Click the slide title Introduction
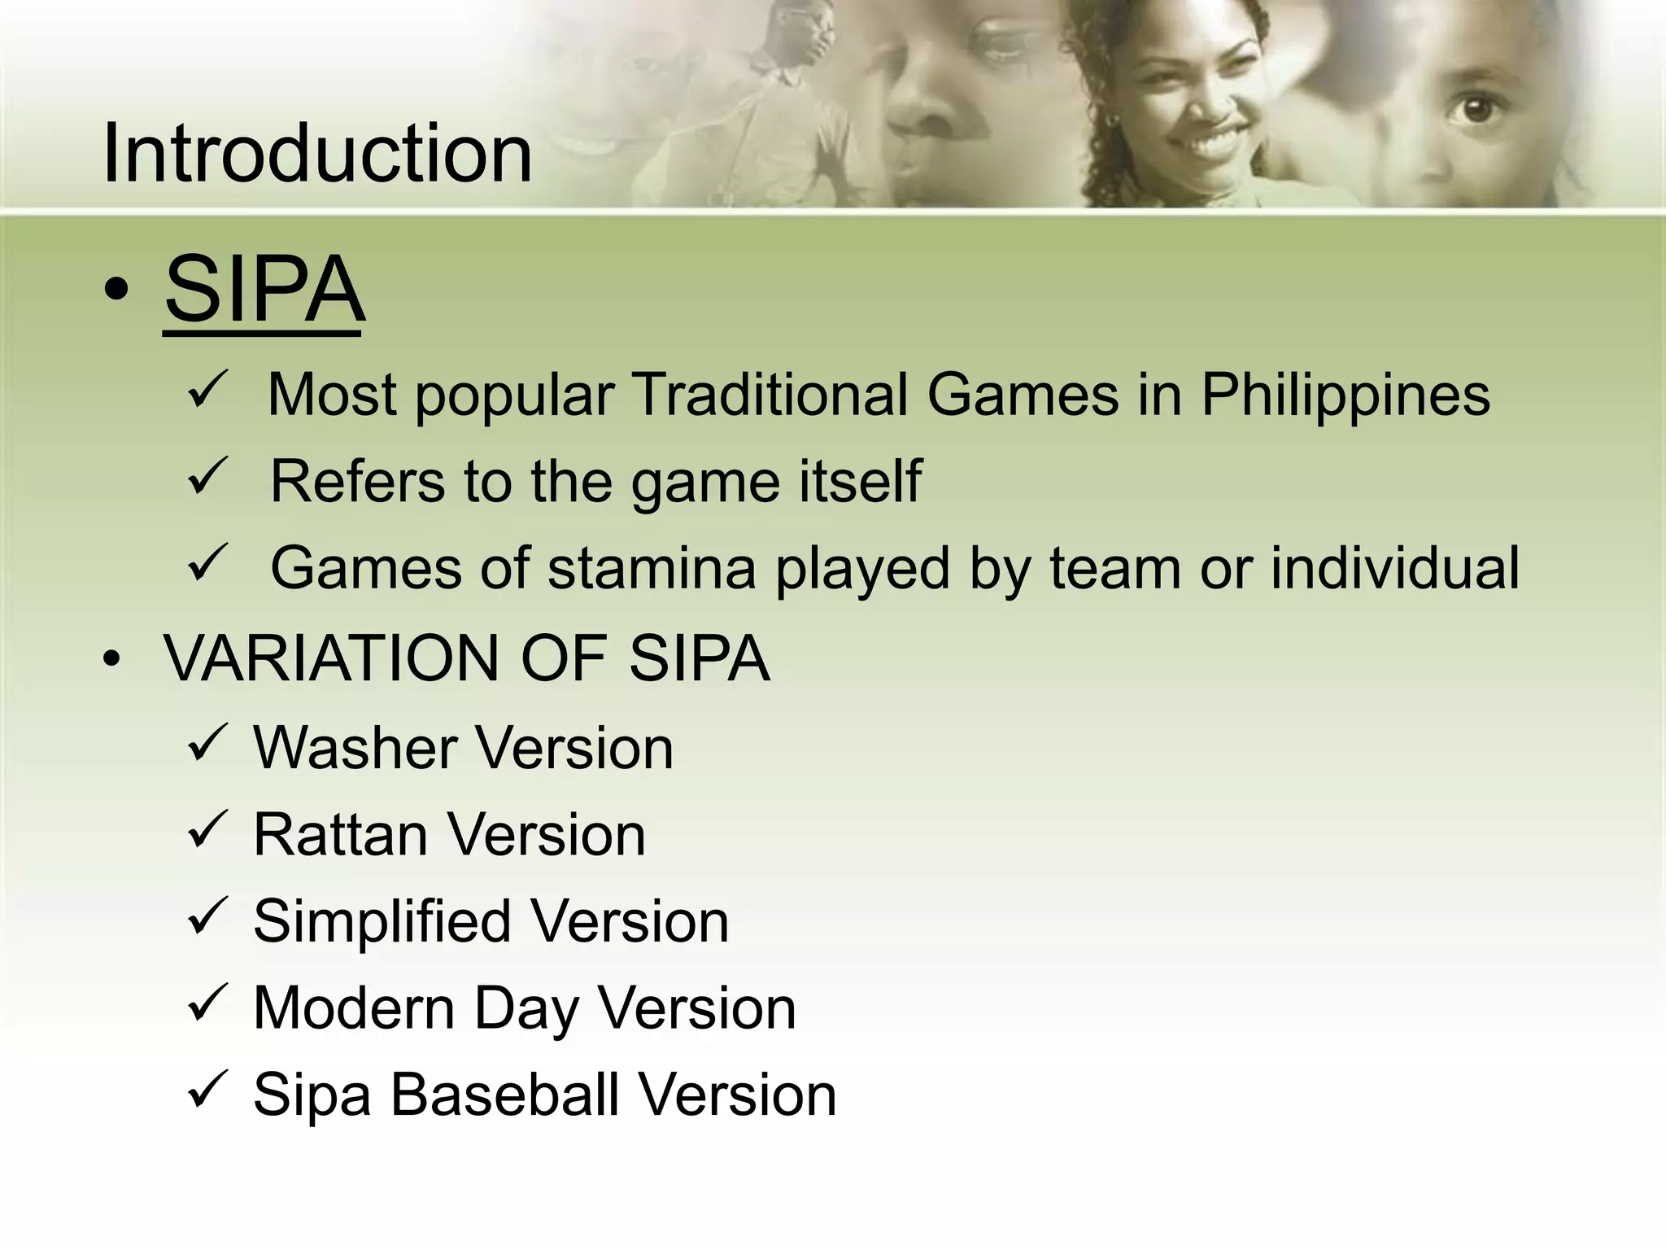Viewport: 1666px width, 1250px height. click(317, 153)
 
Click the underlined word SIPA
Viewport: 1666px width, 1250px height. click(264, 290)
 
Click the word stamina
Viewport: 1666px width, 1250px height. click(652, 568)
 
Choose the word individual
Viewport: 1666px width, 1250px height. click(1394, 567)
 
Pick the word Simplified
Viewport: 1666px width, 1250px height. click(382, 922)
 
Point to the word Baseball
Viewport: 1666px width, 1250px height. click(504, 1095)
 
